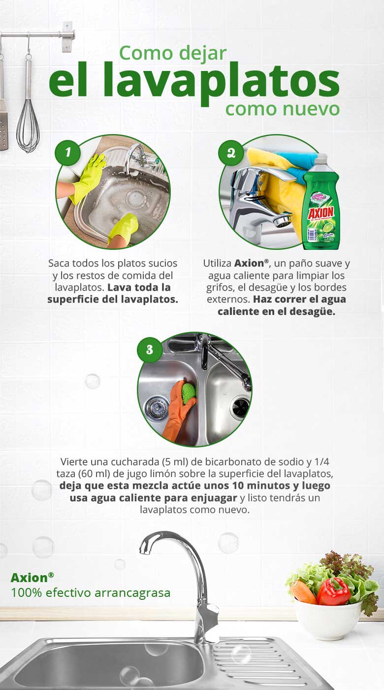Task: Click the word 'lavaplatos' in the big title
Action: coord(194,81)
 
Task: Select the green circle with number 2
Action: coord(231,152)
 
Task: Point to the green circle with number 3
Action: coord(149,349)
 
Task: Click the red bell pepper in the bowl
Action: coord(333,591)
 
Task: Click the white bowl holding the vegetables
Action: coord(328,619)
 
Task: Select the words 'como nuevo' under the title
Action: coord(283,108)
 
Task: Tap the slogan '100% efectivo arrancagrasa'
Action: coord(91,592)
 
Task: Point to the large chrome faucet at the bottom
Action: coord(190,582)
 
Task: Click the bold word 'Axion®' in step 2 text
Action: coord(251,263)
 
